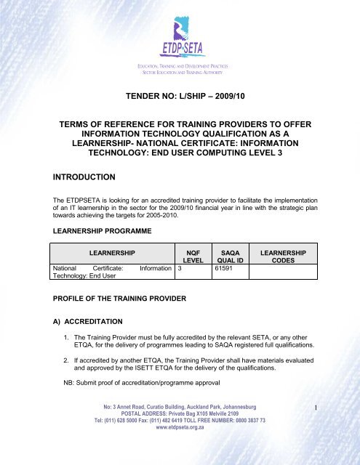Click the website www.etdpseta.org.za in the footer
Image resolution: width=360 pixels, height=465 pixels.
180,458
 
